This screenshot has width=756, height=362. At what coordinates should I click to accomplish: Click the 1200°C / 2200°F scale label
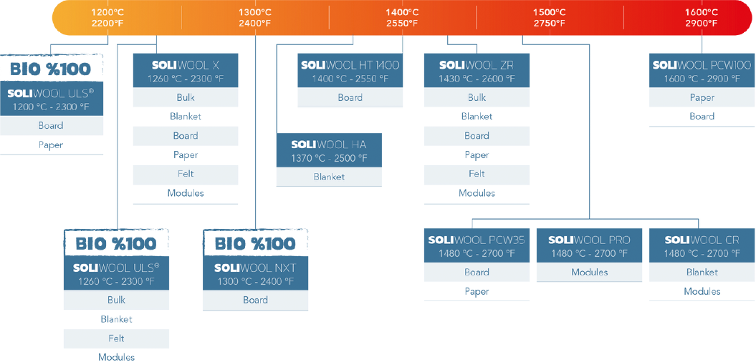(x=107, y=17)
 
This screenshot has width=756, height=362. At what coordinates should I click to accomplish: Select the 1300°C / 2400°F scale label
(x=255, y=17)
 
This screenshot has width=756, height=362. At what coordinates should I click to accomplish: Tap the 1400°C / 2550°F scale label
(x=402, y=17)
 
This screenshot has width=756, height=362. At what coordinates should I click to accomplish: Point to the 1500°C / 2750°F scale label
(x=550, y=17)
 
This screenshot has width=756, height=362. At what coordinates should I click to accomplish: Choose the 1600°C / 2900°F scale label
(x=701, y=17)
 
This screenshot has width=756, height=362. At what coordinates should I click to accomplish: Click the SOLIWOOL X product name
(x=186, y=65)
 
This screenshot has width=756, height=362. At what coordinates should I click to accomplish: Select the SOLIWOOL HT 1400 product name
(x=350, y=65)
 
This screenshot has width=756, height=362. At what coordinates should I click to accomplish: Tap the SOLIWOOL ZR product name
(x=477, y=65)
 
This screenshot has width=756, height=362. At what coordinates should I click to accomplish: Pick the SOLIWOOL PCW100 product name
(x=702, y=65)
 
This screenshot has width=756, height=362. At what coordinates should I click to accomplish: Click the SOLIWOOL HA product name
(x=329, y=145)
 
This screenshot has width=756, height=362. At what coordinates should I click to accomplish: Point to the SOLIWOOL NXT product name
(x=255, y=268)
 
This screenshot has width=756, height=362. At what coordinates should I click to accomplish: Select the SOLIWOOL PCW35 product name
(x=477, y=240)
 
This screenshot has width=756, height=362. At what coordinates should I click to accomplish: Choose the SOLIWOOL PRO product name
(x=589, y=240)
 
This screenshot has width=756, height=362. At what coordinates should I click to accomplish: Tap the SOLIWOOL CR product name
(x=702, y=240)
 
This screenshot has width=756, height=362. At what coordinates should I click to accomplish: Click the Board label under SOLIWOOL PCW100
(x=702, y=116)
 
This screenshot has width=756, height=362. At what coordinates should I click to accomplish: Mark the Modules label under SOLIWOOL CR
(x=702, y=291)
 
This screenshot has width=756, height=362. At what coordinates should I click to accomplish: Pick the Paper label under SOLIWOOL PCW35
(x=477, y=291)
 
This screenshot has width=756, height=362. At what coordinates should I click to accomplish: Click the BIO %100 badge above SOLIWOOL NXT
(x=255, y=243)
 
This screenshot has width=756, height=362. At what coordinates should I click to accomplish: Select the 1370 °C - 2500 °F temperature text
(x=329, y=158)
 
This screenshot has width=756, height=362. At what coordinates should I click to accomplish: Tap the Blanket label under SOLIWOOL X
(x=186, y=116)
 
